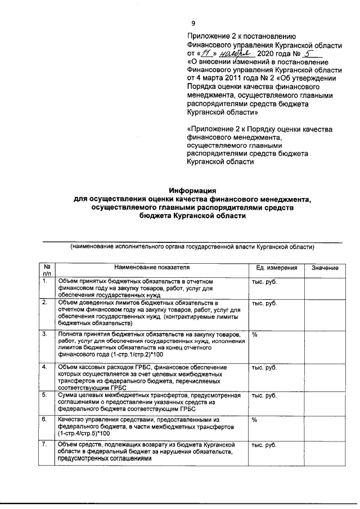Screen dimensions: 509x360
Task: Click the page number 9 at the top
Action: click(x=193, y=24)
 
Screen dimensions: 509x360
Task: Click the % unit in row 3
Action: click(x=255, y=335)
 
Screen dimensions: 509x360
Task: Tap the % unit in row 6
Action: click(x=255, y=420)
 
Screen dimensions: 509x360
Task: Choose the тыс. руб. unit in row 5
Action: click(x=264, y=395)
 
